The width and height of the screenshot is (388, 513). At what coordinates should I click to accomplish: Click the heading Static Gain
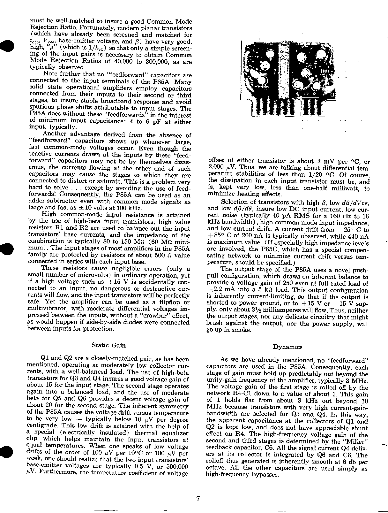[108, 345]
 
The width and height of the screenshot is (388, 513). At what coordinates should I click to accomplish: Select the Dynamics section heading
[288, 347]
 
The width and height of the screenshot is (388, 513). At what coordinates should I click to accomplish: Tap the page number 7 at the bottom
[198, 498]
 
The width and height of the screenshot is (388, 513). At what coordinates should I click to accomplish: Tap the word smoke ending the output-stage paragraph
[242, 330]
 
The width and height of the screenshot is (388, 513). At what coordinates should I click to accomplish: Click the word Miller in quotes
[358, 442]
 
